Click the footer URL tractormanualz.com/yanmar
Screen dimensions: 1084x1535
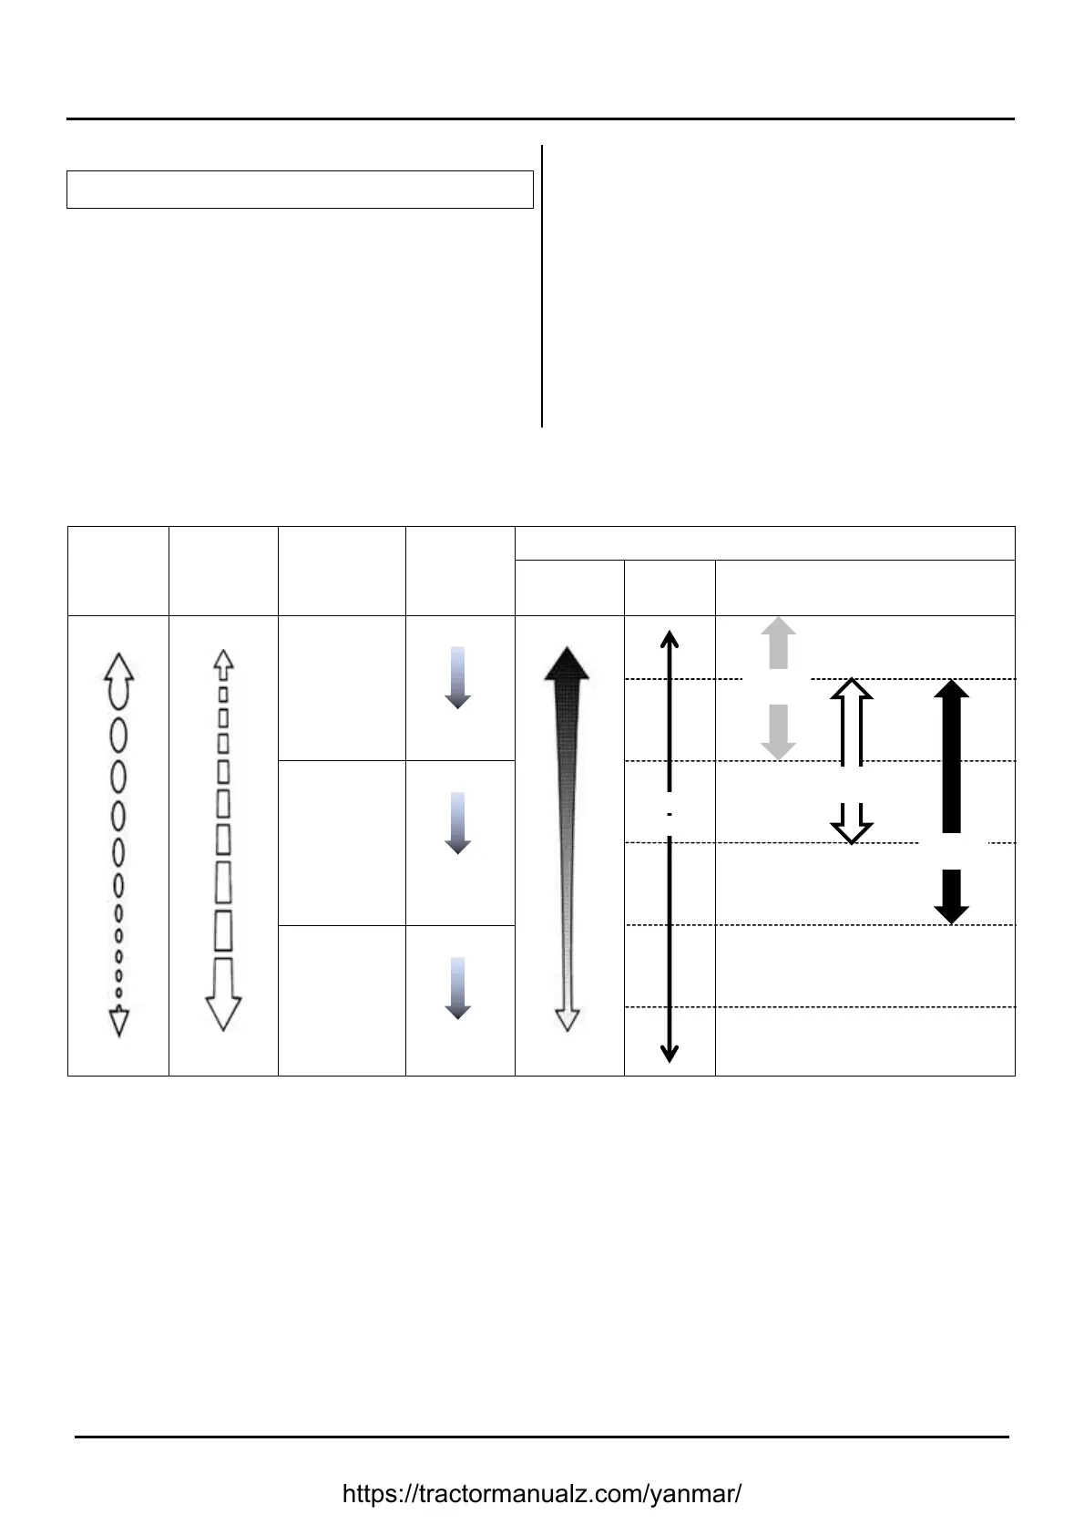tap(542, 1494)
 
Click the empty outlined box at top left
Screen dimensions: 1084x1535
tap(300, 190)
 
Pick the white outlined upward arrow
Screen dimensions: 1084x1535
tap(852, 720)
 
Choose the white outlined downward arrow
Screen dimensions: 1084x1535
tap(852, 825)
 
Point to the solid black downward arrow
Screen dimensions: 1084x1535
tap(951, 898)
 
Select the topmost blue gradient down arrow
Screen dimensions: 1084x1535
tap(457, 678)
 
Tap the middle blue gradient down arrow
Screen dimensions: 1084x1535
tap(457, 823)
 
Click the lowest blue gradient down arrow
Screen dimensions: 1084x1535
tap(457, 988)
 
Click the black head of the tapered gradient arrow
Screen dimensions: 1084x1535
tap(567, 664)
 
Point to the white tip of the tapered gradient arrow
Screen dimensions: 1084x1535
tap(568, 1020)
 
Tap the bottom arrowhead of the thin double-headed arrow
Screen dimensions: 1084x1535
tap(670, 1055)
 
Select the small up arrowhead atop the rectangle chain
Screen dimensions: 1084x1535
tap(223, 661)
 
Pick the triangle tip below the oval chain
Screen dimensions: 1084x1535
tap(118, 1023)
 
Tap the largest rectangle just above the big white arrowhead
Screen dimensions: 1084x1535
tap(223, 931)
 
